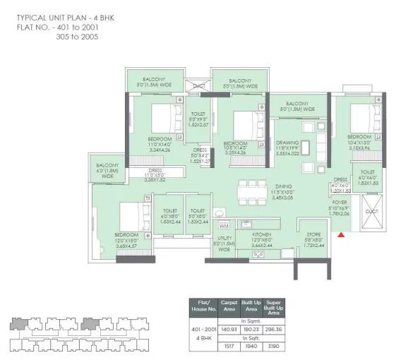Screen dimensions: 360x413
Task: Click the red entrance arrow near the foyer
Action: tap(342, 234)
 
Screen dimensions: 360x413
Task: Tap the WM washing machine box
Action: tap(225, 226)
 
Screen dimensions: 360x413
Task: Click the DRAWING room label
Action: tap(287, 143)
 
